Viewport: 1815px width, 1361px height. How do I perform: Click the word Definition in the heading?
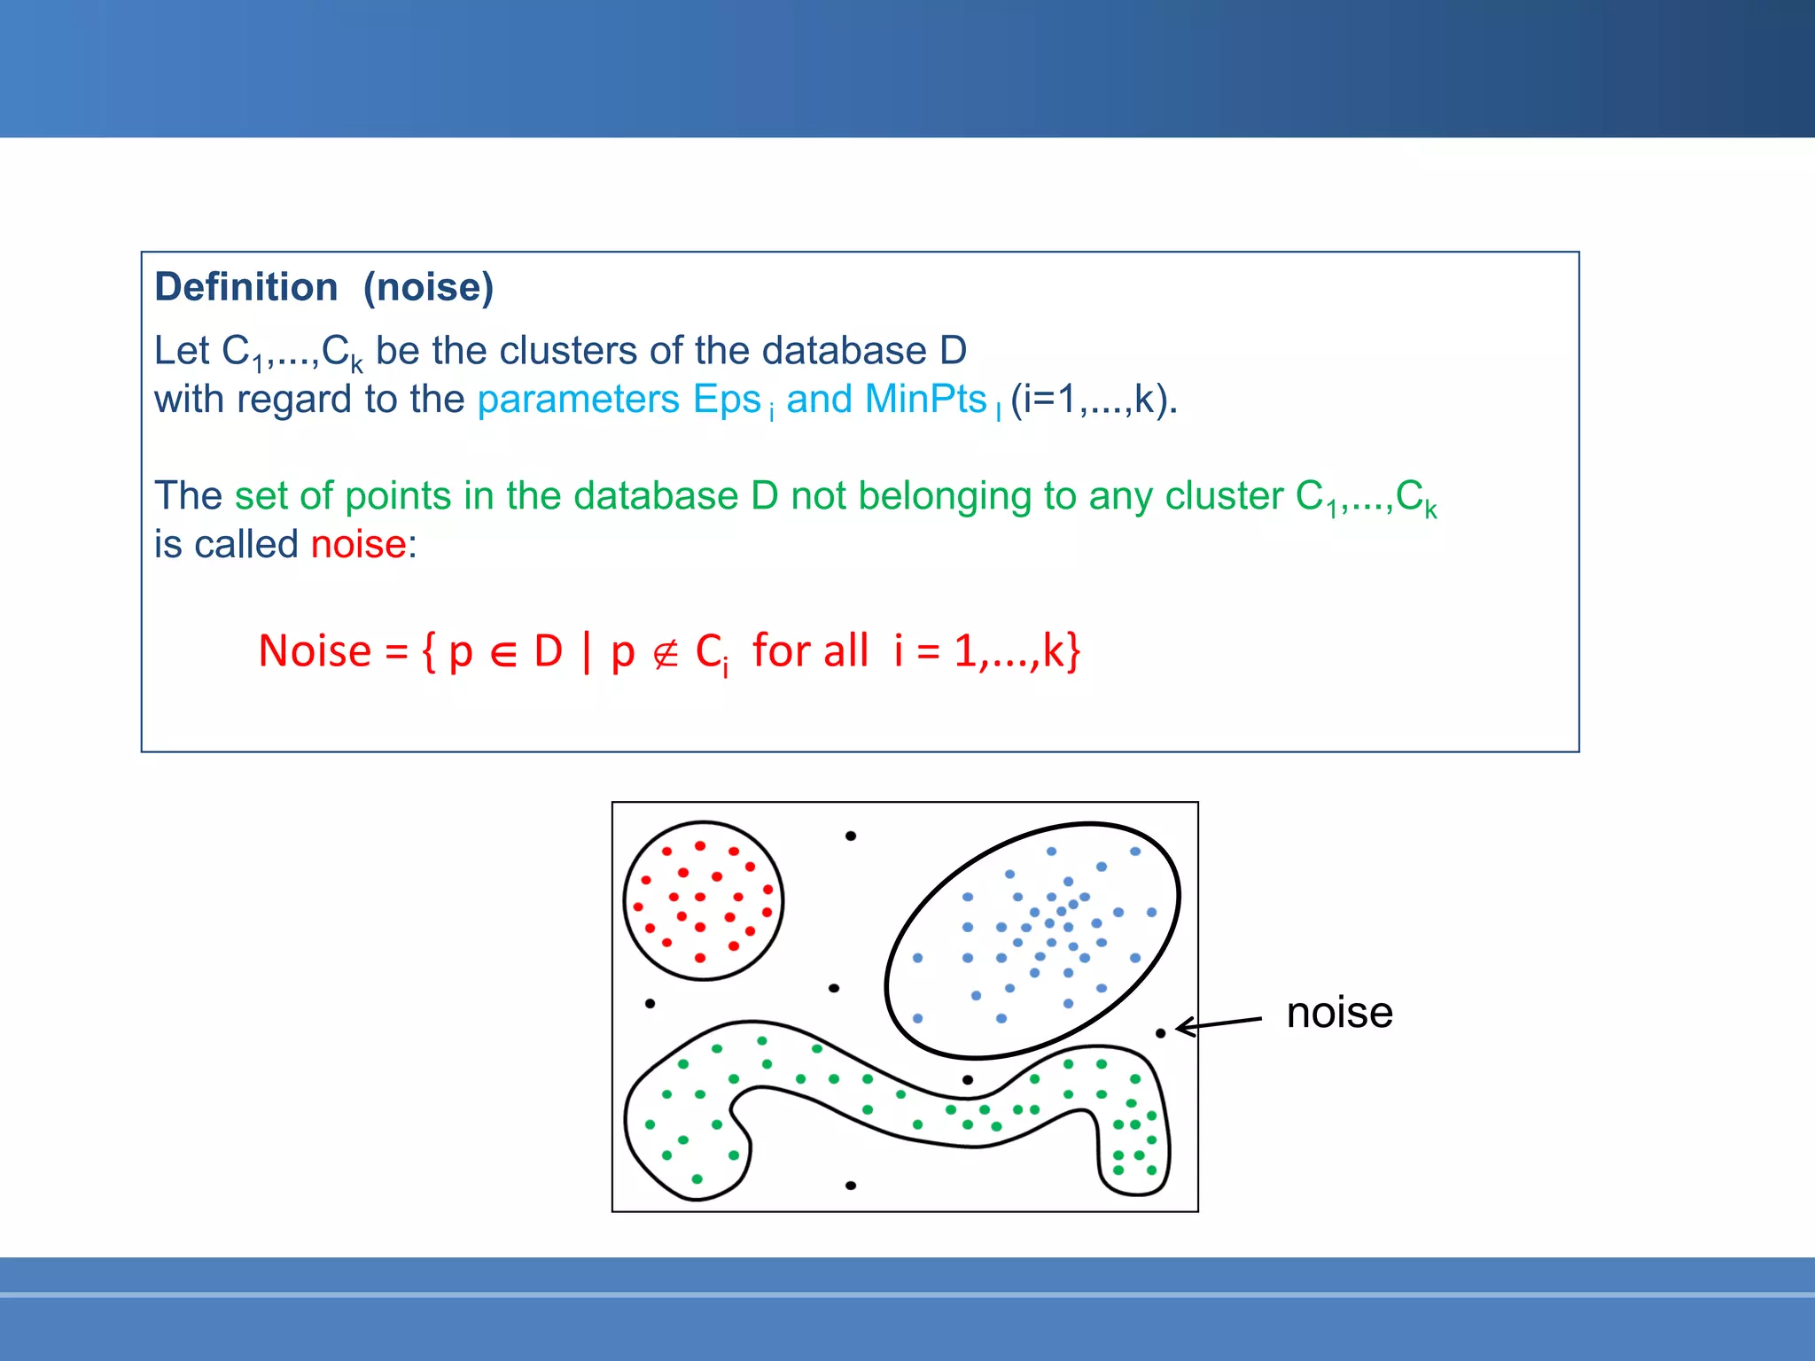coord(246,287)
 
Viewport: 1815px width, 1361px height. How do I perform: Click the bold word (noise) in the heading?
coord(429,287)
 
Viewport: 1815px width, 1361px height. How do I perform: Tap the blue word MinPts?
coord(925,399)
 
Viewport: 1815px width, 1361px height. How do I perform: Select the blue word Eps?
coord(727,401)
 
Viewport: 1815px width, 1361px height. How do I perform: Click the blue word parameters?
coord(578,401)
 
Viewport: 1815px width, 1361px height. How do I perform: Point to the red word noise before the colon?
coord(358,544)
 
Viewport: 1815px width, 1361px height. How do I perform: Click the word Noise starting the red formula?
coord(315,651)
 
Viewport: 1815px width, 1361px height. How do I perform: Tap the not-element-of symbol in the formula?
coord(665,654)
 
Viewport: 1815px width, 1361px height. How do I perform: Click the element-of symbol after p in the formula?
coord(502,654)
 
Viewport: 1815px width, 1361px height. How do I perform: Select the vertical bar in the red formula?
coord(587,651)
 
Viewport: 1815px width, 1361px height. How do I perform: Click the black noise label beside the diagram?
coord(1339,1012)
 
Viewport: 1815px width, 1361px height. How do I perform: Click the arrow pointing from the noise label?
coord(1219,1024)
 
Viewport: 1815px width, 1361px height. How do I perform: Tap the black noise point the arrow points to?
coord(1160,1033)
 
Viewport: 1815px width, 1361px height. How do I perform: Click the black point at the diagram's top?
coord(851,836)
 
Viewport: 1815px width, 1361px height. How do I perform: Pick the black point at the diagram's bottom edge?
coord(851,1186)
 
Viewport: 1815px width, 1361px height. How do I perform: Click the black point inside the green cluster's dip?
coord(968,1079)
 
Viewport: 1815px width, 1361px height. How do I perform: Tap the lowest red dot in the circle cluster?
coord(700,958)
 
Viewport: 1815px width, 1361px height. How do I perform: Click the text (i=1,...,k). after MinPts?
coord(1094,399)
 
